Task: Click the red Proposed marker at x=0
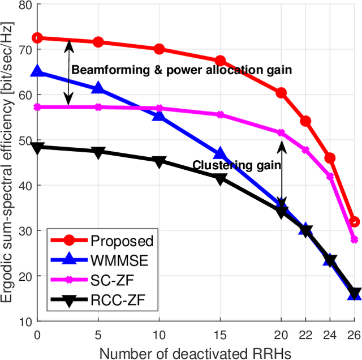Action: point(37,38)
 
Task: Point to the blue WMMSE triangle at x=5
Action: point(98,88)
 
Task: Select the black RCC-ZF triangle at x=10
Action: point(159,161)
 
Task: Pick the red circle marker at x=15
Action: point(220,61)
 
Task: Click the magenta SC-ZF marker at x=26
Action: point(355,239)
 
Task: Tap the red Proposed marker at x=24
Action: point(330,158)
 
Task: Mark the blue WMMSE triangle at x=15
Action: point(220,155)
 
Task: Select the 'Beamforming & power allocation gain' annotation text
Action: point(181,70)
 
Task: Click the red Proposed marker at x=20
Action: point(281,93)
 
